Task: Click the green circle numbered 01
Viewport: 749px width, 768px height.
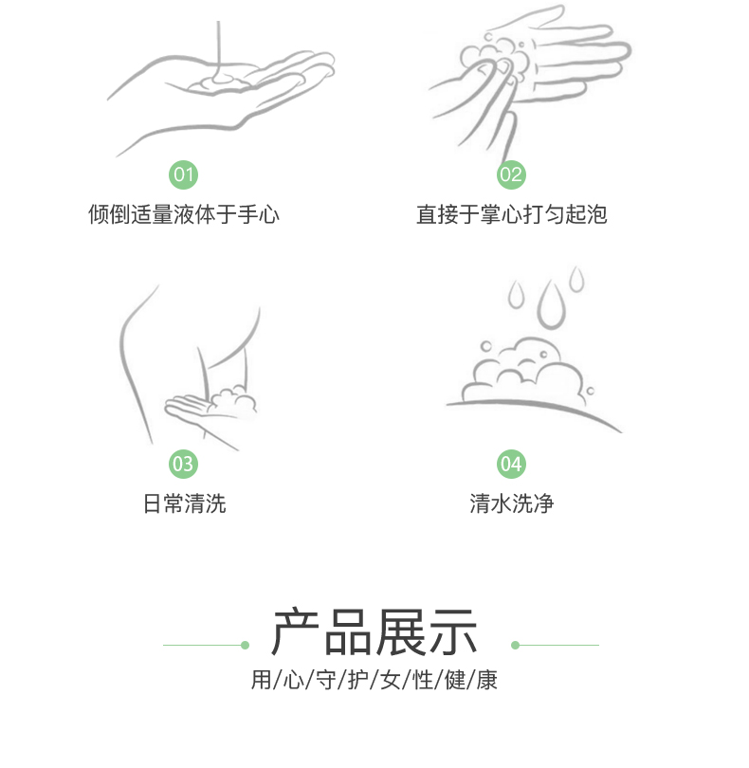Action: click(x=183, y=174)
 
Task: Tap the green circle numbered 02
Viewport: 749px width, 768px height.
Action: click(x=511, y=174)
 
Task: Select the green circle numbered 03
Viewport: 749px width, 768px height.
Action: click(x=183, y=464)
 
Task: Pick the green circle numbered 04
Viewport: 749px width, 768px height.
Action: click(x=511, y=464)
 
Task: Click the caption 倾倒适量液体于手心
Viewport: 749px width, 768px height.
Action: click(x=184, y=214)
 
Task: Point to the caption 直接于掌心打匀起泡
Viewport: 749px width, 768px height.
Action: click(x=511, y=214)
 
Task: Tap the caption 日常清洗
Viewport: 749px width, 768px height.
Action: click(x=184, y=503)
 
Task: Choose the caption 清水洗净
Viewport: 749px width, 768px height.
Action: click(x=511, y=503)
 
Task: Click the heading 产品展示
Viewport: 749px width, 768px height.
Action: click(x=374, y=631)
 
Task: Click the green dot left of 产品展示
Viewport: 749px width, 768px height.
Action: click(x=245, y=645)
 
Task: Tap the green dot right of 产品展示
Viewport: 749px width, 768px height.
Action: click(x=515, y=645)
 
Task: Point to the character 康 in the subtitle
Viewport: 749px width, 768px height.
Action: click(x=486, y=680)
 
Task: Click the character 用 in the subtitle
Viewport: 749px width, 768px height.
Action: click(x=261, y=680)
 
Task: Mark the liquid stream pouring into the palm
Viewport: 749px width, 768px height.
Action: click(x=218, y=49)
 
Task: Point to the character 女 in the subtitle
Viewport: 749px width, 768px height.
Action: click(x=391, y=680)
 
